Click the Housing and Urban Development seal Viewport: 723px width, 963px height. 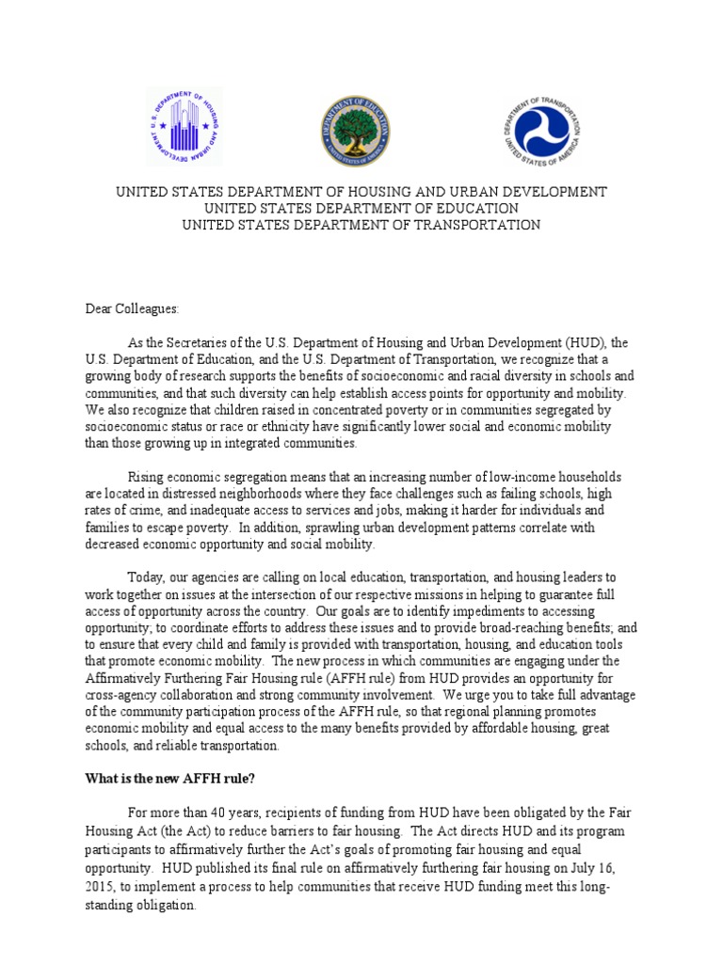(x=184, y=127)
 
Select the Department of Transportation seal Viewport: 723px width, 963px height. (x=540, y=131)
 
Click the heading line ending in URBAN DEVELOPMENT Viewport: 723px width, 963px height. (x=361, y=192)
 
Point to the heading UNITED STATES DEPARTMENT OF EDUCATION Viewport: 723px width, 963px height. (x=361, y=208)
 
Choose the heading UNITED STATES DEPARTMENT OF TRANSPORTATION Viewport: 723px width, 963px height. (x=361, y=225)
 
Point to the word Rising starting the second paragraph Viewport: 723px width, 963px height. (x=147, y=477)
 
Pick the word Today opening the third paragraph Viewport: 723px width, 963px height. (x=146, y=576)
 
